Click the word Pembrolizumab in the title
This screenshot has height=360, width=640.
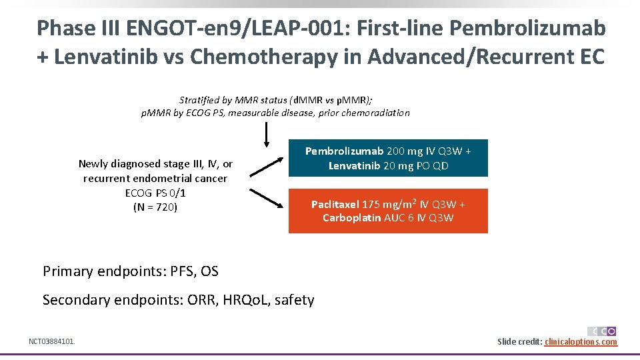pyautogui.click(x=527, y=28)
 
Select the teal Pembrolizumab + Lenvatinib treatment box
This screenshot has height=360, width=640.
pyautogui.click(x=388, y=158)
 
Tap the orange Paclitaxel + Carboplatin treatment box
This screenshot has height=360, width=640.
pyautogui.click(x=388, y=211)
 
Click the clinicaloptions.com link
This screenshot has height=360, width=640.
pyautogui.click(x=581, y=342)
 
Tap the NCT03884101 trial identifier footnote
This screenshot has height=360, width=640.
pyautogui.click(x=52, y=342)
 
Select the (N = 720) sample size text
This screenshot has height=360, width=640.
pyautogui.click(x=155, y=207)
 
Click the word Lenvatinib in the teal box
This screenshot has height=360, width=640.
pyautogui.click(x=355, y=165)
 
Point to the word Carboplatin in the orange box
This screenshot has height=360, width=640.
pyautogui.click(x=352, y=218)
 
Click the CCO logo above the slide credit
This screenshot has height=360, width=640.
pyautogui.click(x=601, y=331)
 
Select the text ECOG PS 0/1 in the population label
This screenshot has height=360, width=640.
pyautogui.click(x=155, y=193)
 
